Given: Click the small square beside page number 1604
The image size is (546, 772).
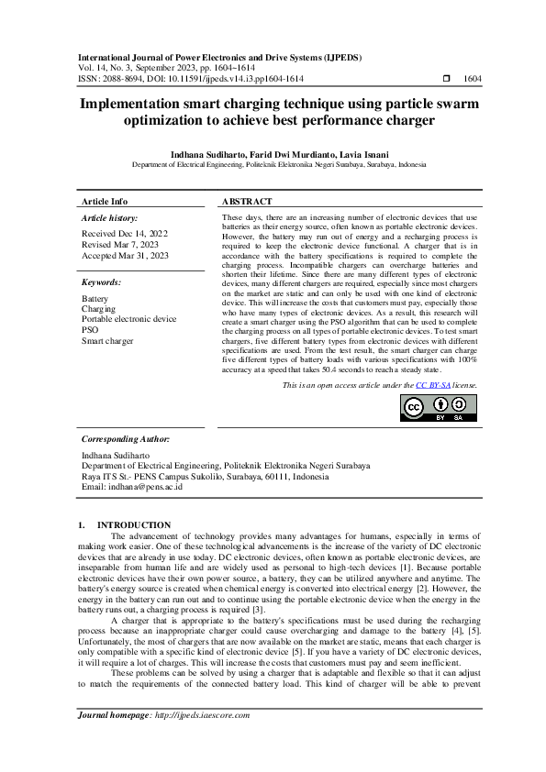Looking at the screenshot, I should point(446,79).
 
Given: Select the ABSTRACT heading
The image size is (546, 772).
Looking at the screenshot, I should point(247,201).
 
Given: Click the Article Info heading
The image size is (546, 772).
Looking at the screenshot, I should point(105,201).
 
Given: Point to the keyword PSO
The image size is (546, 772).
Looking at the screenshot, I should point(90,329).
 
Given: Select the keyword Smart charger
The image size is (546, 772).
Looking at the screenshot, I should point(107,340).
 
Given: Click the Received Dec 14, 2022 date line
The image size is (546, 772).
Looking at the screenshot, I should point(124,234).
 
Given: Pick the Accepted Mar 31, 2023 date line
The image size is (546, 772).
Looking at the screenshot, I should point(126,256).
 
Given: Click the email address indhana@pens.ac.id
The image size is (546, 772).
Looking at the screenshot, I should point(146,487).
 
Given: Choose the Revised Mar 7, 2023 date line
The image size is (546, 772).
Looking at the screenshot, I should point(119,245).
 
